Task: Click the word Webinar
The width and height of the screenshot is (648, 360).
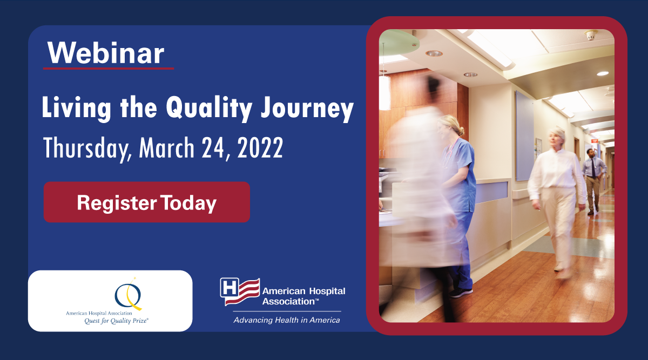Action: (x=106, y=53)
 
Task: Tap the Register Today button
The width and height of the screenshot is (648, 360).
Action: (x=147, y=202)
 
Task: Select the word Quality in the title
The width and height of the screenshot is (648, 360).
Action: (x=209, y=107)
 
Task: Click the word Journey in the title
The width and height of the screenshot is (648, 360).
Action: (x=307, y=107)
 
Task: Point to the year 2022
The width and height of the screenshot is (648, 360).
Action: (x=260, y=147)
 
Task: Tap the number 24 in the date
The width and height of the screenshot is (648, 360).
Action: (x=213, y=148)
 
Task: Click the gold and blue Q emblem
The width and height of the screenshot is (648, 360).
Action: (x=129, y=295)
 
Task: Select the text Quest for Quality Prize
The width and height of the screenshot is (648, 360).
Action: (x=116, y=321)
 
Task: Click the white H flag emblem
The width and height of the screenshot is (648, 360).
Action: (x=240, y=291)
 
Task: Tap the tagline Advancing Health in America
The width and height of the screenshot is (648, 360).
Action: (x=287, y=320)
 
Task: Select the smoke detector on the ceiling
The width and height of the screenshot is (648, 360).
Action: (x=591, y=35)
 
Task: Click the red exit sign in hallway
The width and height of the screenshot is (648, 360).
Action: (x=595, y=141)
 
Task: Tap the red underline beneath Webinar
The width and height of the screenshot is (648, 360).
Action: (x=109, y=69)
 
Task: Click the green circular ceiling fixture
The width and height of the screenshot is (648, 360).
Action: (x=399, y=43)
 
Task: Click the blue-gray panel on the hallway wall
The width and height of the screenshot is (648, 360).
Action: (x=524, y=136)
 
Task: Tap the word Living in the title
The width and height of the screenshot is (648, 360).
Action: (x=76, y=108)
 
